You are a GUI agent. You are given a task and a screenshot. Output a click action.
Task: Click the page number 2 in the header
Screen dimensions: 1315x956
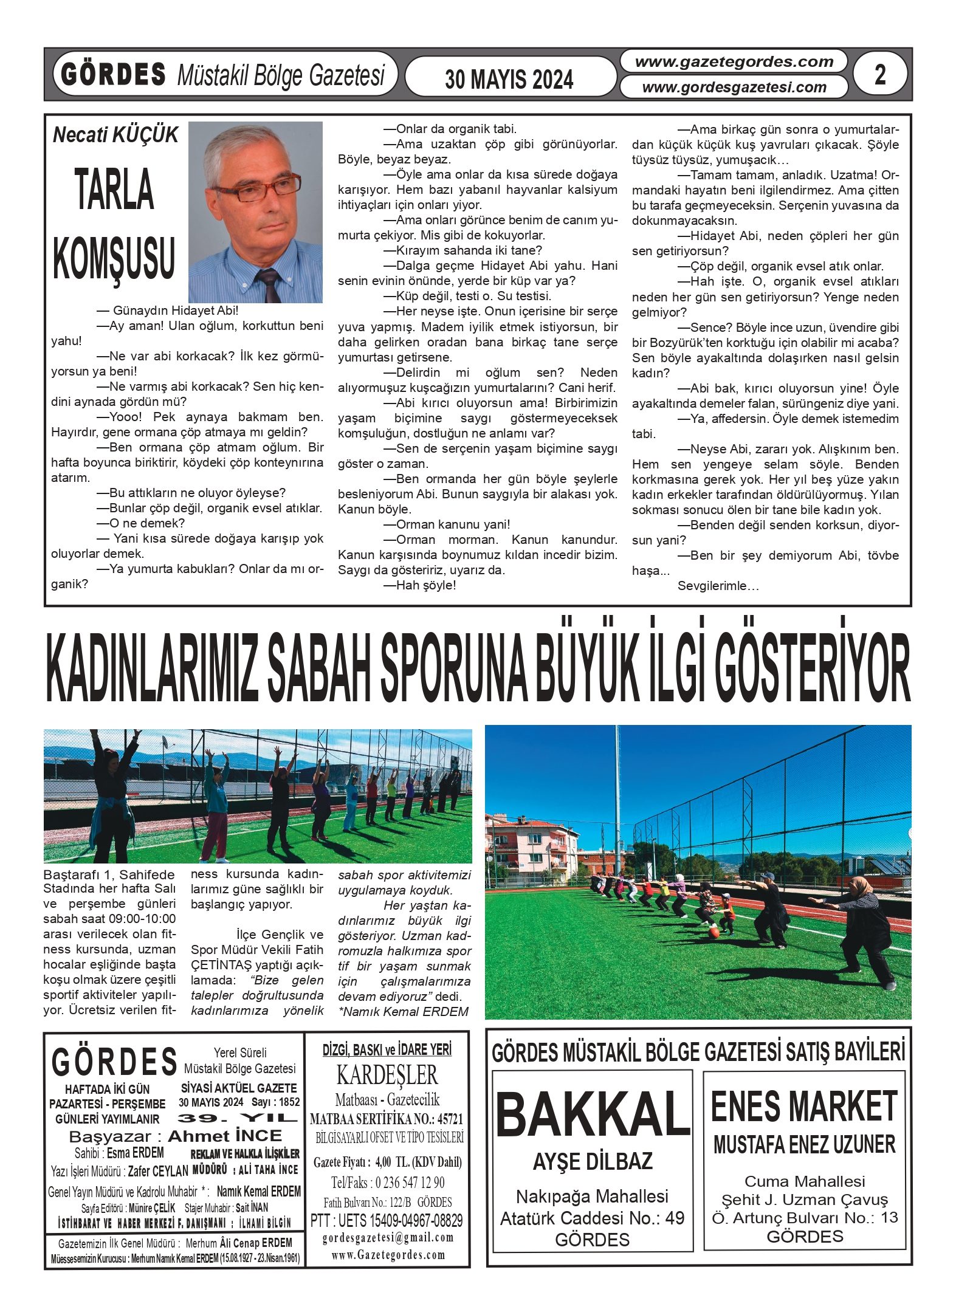coord(879,75)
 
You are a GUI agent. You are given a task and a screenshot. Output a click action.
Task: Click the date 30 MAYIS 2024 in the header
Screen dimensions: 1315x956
coord(509,79)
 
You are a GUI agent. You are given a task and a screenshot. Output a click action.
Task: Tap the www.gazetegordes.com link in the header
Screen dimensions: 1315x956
coord(734,61)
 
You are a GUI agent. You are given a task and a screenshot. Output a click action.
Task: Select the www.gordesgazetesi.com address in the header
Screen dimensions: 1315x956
coord(734,88)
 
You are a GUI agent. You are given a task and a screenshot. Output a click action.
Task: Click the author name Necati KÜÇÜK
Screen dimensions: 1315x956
coord(115,134)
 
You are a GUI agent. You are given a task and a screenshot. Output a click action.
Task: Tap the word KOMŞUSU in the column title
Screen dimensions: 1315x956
coord(114,258)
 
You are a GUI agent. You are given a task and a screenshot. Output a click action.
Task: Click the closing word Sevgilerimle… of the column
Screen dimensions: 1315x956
coord(718,586)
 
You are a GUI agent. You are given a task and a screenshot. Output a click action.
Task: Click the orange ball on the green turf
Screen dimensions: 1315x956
coord(714,932)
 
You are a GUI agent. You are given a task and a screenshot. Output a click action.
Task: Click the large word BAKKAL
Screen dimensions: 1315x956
coord(592,1115)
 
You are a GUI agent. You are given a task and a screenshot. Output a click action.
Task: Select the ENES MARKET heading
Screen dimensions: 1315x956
coord(803,1107)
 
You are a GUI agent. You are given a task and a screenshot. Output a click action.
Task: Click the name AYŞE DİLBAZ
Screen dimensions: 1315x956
coord(592,1161)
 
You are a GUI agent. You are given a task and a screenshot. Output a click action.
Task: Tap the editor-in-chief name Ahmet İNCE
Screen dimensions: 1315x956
coord(225,1136)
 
